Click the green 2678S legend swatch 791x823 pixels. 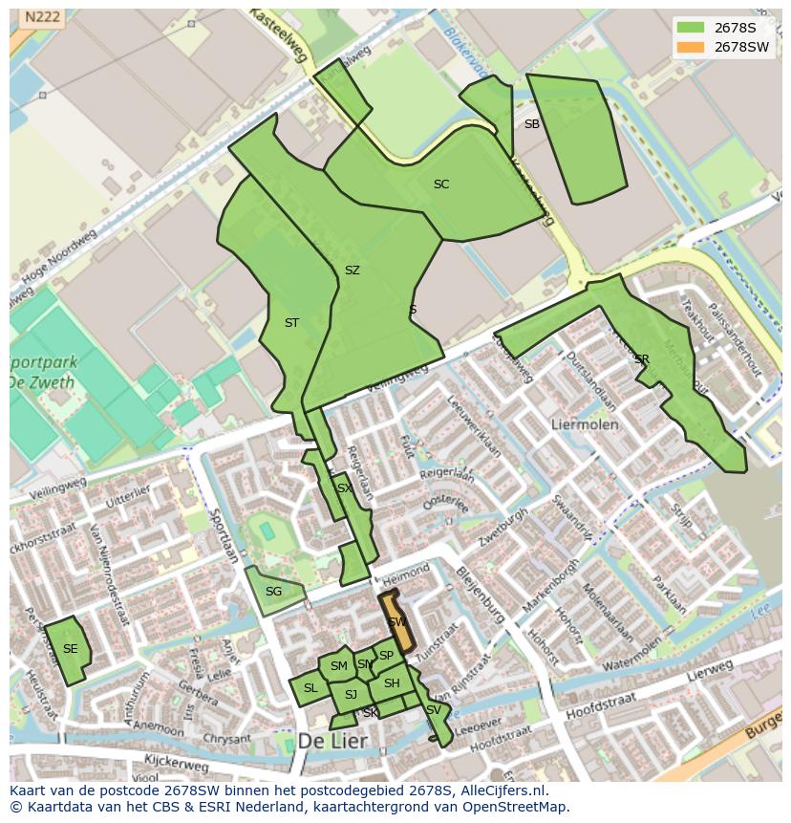coord(692,27)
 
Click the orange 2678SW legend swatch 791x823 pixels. coord(692,47)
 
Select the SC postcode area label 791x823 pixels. coord(441,184)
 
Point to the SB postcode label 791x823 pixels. coord(532,124)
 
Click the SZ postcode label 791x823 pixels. coord(353,271)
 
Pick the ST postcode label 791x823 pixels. coord(291,323)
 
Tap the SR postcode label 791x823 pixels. coord(641,359)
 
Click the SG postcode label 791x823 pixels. coord(273,592)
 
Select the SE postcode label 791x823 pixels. coord(70,649)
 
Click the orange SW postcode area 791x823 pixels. coord(396,622)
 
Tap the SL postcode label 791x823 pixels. coord(310,688)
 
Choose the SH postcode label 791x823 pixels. coord(392,683)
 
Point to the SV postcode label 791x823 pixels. coord(434,710)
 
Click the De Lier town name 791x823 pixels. coord(331,742)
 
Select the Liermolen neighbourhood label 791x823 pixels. coord(585,423)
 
